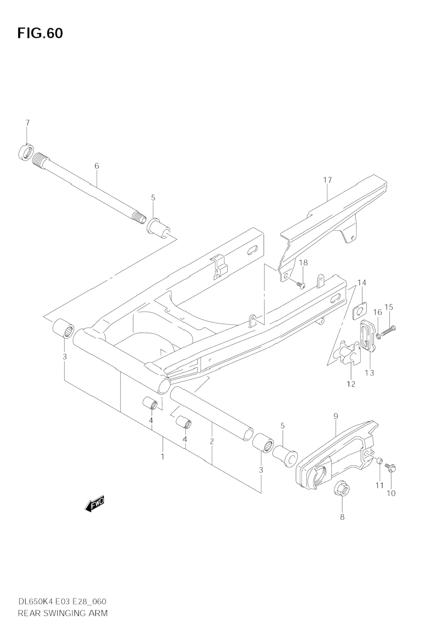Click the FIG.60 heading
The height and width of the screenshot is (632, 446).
pos(40,33)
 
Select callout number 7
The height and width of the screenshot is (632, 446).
pos(28,123)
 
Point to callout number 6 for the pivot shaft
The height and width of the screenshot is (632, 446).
pos(97,166)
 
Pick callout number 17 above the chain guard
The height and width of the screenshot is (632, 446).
pos(328,180)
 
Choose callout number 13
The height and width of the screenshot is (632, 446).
pos(369,373)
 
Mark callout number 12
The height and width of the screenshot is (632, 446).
pos(351,384)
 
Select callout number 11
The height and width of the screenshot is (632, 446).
pos(379,485)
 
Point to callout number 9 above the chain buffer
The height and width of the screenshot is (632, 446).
pos(335,416)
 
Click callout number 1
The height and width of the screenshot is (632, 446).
pos(162,456)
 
